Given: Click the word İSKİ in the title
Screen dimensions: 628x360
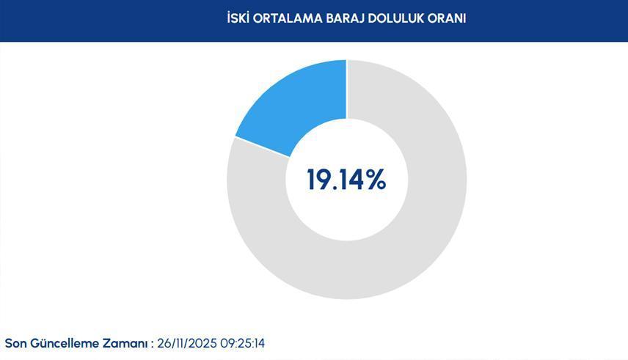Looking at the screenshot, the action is (238, 18).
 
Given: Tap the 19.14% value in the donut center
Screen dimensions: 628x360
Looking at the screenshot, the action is (346, 180).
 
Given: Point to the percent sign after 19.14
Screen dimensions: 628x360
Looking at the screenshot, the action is (376, 180).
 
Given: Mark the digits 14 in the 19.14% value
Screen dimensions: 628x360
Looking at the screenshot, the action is (350, 180).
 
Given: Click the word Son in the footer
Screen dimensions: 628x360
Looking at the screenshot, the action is (15, 344).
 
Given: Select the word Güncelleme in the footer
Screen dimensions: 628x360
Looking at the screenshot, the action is (65, 344).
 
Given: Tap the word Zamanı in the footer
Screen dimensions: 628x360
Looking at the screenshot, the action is (125, 344).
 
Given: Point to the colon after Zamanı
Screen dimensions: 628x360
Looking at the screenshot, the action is (152, 345).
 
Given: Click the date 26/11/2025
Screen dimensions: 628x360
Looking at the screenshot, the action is (187, 344).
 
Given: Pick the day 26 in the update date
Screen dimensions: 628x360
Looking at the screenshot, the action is (164, 344).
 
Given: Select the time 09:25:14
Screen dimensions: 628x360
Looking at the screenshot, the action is (242, 344).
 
